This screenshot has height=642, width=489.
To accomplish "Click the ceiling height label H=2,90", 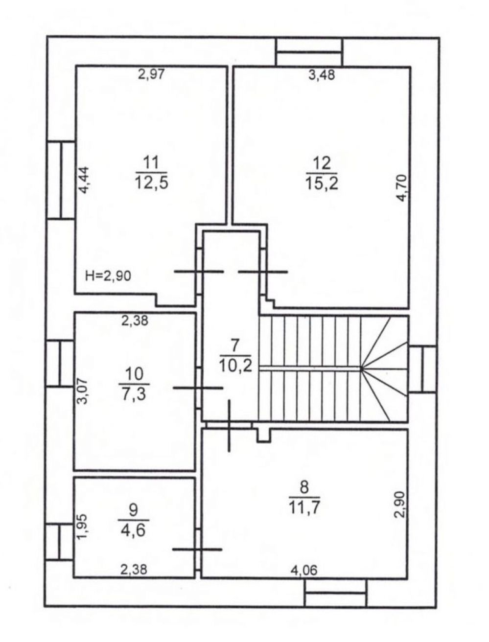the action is tap(108, 275).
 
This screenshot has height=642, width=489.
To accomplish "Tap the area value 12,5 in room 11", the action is tap(151, 183).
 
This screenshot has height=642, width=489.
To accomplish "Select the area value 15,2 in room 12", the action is tap(322, 184).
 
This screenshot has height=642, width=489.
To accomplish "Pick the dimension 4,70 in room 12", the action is tap(402, 188).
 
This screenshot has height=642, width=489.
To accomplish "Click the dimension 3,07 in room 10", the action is tap(83, 391).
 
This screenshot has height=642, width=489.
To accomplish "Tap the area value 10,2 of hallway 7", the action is tap(236, 366).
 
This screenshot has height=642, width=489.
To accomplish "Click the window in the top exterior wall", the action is tap(310, 52).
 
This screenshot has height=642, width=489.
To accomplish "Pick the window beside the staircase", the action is tap(422, 369).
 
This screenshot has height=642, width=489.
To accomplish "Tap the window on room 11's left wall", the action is tap(61, 180).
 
